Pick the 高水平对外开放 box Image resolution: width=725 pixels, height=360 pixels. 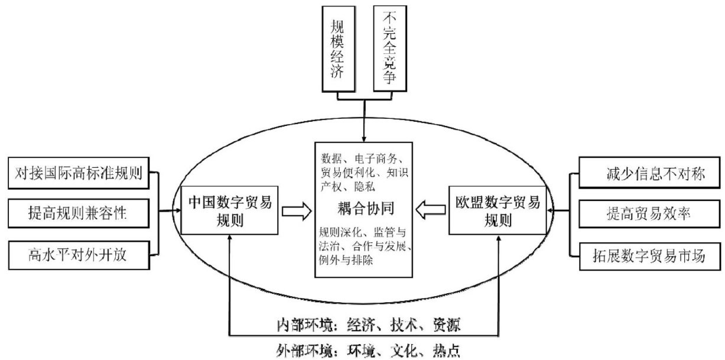tap(84, 254)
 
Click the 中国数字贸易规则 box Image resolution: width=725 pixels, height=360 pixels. tap(229, 211)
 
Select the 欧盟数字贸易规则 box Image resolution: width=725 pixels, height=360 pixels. tap(498, 211)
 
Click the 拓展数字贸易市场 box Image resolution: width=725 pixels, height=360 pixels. tap(648, 254)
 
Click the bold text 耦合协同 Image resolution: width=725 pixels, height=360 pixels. tap(363, 209)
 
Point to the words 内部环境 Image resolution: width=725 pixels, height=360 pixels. tap(301, 325)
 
